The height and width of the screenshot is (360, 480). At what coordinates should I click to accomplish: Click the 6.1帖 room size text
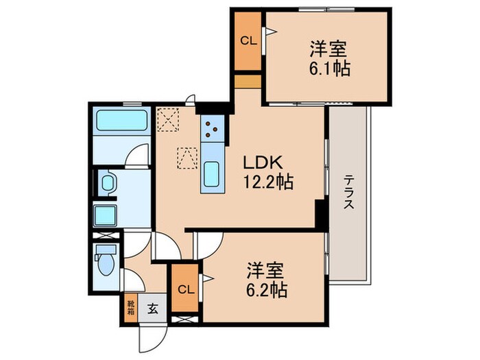pos(328,69)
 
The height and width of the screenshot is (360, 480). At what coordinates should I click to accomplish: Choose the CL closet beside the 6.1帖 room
pos(248,41)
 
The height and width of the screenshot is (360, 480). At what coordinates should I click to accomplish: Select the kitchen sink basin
pos(212,170)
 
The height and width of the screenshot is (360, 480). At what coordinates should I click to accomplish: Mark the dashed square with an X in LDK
pos(167,120)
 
